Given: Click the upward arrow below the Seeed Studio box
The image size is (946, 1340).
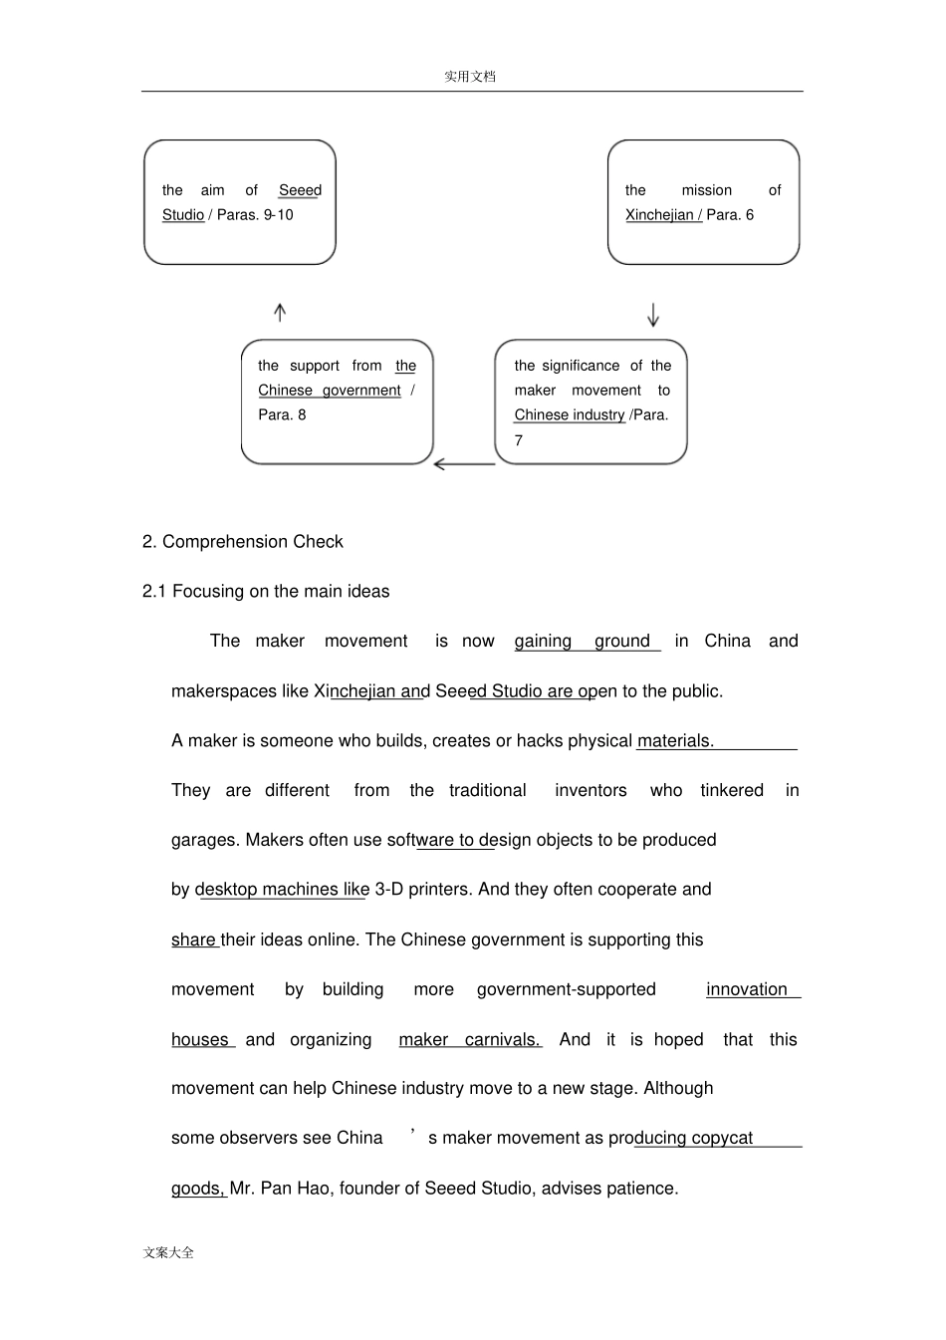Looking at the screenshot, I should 280,312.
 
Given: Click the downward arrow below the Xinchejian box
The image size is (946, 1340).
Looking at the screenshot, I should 653,315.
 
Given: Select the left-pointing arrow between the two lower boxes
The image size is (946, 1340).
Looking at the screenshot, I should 464,464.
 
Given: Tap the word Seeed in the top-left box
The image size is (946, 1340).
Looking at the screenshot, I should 300,190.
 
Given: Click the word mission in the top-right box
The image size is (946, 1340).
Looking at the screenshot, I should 707,190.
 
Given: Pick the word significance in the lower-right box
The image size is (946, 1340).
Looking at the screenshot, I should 581,366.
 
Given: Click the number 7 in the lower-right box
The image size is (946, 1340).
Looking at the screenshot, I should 519,440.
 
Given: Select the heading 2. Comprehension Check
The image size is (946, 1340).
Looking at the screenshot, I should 243,542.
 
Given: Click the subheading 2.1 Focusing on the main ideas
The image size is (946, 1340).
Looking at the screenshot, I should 266,592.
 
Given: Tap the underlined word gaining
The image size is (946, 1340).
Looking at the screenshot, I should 543,642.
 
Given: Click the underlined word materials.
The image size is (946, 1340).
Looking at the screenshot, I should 675,741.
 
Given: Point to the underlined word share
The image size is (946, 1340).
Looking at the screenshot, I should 193,939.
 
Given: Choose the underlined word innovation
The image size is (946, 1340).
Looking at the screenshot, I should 747,989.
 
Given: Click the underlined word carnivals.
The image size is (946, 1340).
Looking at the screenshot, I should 503,1039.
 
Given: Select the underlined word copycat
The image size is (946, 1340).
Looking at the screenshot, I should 722,1138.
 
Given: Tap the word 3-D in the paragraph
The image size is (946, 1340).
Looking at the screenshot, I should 388,890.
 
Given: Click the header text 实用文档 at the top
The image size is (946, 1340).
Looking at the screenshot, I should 470,77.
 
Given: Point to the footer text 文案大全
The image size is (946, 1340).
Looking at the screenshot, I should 168,1252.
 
